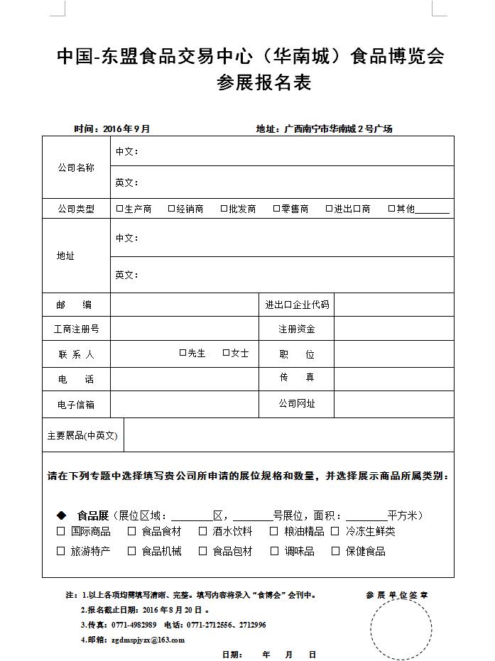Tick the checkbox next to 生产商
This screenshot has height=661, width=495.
click(119, 209)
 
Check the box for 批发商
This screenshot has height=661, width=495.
click(224, 209)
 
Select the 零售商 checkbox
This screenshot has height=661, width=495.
click(276, 209)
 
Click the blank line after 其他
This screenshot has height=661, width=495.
click(433, 210)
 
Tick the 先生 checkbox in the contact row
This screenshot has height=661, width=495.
click(183, 352)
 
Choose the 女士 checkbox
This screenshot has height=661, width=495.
click(226, 352)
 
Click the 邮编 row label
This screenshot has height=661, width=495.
click(75, 305)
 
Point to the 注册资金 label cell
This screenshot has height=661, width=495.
click(296, 329)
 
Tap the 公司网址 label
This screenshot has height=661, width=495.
click(296, 403)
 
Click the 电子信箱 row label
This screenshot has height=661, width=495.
click(75, 404)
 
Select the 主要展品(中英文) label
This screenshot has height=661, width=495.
click(82, 435)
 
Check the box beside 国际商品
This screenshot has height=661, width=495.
click(61, 531)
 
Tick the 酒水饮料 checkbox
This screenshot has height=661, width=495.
click(202, 531)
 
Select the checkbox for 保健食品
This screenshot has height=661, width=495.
click(335, 551)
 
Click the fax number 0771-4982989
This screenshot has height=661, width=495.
click(131, 625)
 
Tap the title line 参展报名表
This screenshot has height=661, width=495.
click(263, 83)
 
